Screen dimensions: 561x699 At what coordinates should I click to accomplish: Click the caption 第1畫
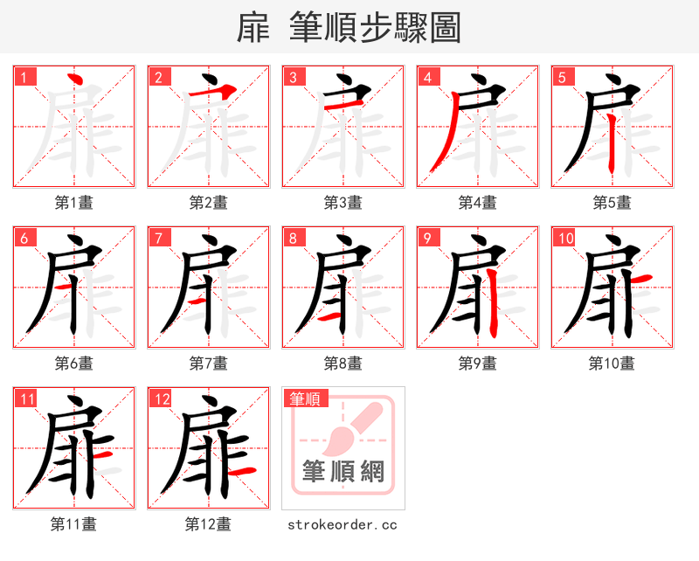pyautogui.click(x=74, y=203)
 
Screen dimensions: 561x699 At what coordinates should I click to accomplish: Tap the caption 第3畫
pyautogui.click(x=343, y=203)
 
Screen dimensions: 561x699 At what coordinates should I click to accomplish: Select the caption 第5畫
pyautogui.click(x=612, y=203)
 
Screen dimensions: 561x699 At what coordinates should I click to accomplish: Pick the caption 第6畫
pyautogui.click(x=74, y=364)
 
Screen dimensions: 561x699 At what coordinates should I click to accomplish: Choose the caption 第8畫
pyautogui.click(x=343, y=364)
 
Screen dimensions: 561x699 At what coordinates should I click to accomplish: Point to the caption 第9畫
pyautogui.click(x=478, y=364)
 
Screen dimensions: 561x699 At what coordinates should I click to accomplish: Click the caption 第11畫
pyautogui.click(x=74, y=524)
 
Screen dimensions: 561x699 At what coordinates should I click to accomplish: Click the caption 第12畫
pyautogui.click(x=209, y=524)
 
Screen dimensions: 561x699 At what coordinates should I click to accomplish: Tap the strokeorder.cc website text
pyautogui.click(x=343, y=525)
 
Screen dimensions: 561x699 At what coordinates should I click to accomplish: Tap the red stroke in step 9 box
pyautogui.click(x=495, y=301)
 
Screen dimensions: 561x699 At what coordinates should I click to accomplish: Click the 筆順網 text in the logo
pyautogui.click(x=343, y=473)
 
